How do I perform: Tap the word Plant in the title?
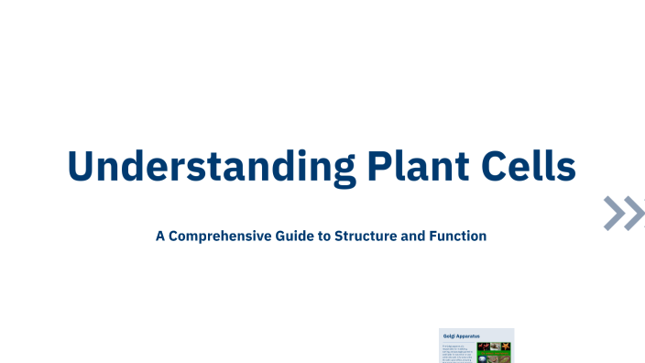click(x=417, y=166)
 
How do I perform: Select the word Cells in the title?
click(x=532, y=166)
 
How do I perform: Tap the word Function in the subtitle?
click(x=456, y=236)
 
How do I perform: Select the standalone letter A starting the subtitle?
click(x=160, y=236)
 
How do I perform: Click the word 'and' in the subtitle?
click(x=413, y=236)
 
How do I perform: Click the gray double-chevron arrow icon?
click(x=624, y=214)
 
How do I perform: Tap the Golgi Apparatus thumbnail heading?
click(x=463, y=336)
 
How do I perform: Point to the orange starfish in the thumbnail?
click(x=506, y=346)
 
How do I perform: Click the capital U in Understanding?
click(x=83, y=166)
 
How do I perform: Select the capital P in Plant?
click(x=377, y=166)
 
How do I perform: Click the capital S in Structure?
click(x=341, y=236)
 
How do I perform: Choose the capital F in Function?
click(x=432, y=236)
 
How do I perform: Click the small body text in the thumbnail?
click(x=458, y=353)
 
